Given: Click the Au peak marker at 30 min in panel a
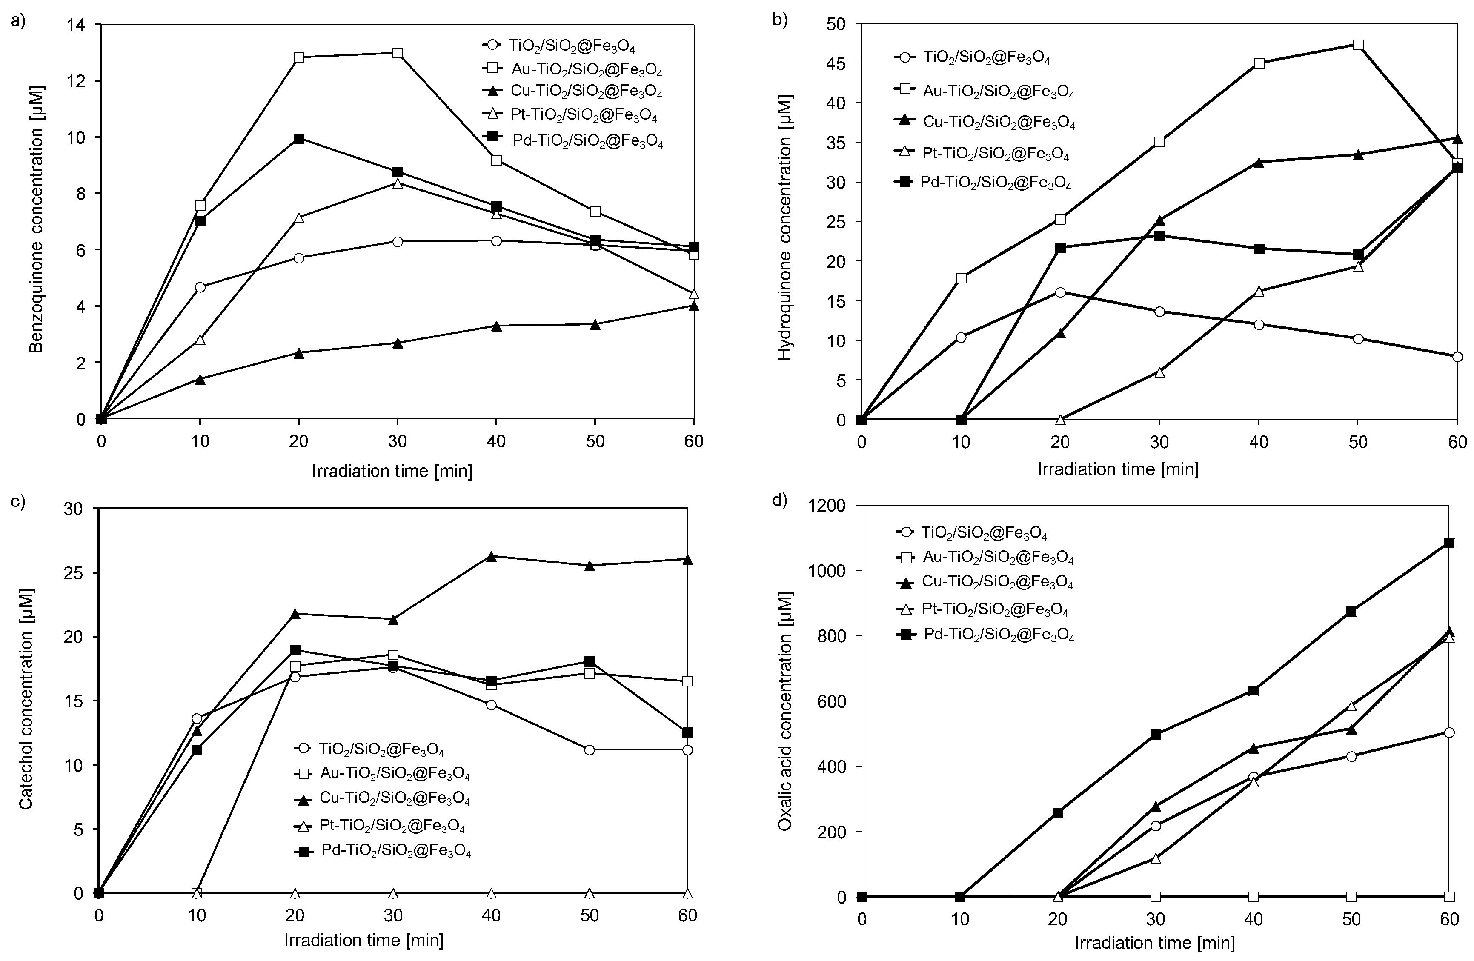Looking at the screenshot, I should [398, 53].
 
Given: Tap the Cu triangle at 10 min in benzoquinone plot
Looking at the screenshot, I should [200, 379].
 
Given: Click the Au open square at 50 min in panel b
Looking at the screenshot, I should [1358, 45].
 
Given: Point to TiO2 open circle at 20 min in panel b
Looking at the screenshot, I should [1060, 292].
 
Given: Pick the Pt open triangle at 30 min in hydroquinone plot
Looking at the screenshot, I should [1160, 372].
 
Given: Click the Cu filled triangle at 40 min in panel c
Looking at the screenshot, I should [492, 556].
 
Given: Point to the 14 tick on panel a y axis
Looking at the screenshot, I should [82, 25].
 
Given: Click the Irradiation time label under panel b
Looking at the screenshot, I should [1118, 469].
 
